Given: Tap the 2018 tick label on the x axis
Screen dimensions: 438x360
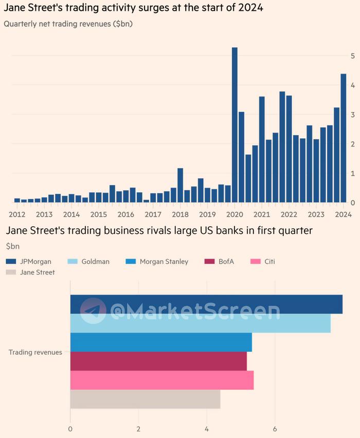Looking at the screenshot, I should pos(181,214).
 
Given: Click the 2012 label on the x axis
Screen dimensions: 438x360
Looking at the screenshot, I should pos(17,214).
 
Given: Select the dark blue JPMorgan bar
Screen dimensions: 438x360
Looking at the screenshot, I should pos(206,304).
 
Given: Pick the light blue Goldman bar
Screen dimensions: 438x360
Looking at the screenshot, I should pos(200,323).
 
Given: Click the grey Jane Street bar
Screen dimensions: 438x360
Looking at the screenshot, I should pos(145,399).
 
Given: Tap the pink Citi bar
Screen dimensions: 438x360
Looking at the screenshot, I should pos(161,380).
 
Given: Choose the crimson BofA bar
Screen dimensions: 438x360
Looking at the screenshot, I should pos(158,361).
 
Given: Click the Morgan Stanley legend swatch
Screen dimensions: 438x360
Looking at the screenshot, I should pos(131,261).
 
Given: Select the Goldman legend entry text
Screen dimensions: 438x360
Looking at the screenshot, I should pos(95,261).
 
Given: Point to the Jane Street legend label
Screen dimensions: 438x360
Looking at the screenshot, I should pos(38,272).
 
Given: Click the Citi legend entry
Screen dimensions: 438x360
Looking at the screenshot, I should pos(269,261).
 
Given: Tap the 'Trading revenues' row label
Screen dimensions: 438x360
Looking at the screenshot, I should pos(35,352).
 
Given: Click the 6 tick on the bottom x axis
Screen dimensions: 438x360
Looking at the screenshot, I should pos(275,429).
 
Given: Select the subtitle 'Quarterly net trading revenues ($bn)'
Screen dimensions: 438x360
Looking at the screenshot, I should pos(68,24).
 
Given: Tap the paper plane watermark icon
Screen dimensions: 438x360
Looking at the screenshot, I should pos(93,311).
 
